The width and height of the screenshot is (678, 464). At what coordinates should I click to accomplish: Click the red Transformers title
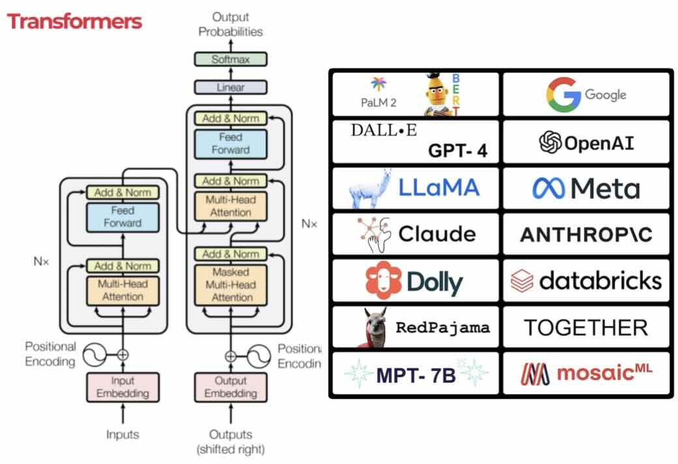pyautogui.click(x=74, y=22)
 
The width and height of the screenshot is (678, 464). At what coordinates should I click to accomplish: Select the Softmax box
pyautogui.click(x=231, y=59)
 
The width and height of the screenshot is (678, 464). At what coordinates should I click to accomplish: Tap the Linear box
pyautogui.click(x=231, y=87)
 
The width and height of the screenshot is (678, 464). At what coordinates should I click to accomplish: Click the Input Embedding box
pyautogui.click(x=123, y=387)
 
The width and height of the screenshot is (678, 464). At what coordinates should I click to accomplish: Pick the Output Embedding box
pyautogui.click(x=231, y=387)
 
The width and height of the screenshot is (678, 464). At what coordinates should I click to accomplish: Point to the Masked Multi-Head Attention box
pyautogui.click(x=231, y=284)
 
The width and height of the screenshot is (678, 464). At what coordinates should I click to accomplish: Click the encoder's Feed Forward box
pyautogui.click(x=123, y=217)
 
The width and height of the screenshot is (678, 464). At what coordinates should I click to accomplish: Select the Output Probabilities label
pyautogui.click(x=231, y=25)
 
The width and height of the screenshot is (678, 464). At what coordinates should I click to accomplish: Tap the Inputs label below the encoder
pyautogui.click(x=123, y=434)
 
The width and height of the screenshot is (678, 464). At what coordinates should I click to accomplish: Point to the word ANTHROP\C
pyautogui.click(x=586, y=235)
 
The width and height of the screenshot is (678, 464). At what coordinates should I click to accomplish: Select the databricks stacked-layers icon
pyautogui.click(x=523, y=281)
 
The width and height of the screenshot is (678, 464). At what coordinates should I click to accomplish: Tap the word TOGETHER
pyautogui.click(x=586, y=327)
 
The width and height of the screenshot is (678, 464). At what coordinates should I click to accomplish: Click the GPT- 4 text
pyautogui.click(x=458, y=151)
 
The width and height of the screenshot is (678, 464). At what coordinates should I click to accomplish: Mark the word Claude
pyautogui.click(x=437, y=234)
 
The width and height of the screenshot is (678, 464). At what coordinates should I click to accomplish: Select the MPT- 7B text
pyautogui.click(x=416, y=375)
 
